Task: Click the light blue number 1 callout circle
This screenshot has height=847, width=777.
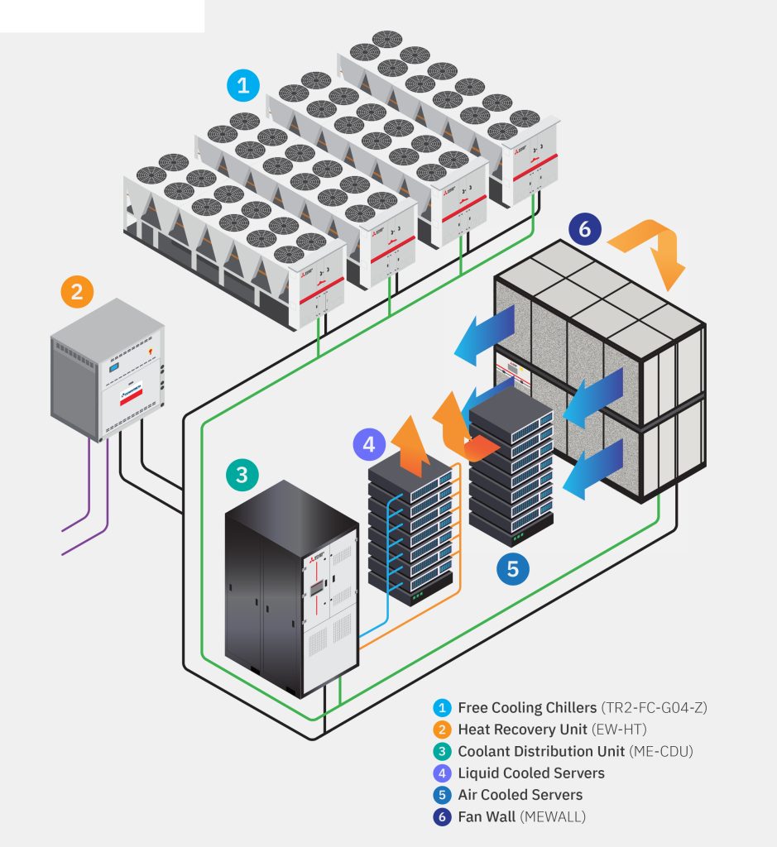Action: (x=242, y=84)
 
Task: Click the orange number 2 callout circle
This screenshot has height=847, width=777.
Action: (x=77, y=291)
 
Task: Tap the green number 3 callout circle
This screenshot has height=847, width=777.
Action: (x=241, y=475)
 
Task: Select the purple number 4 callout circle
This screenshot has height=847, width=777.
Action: (x=369, y=444)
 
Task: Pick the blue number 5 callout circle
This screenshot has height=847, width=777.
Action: (x=512, y=568)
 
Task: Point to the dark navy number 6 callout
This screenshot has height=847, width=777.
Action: (x=584, y=229)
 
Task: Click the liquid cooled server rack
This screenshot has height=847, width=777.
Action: (x=411, y=529)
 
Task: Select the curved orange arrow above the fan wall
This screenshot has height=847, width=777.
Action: (x=654, y=248)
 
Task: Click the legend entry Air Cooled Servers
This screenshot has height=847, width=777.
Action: (x=520, y=795)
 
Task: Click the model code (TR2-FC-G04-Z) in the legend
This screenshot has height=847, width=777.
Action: (x=658, y=708)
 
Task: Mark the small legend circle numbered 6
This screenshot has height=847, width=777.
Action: (x=443, y=816)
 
